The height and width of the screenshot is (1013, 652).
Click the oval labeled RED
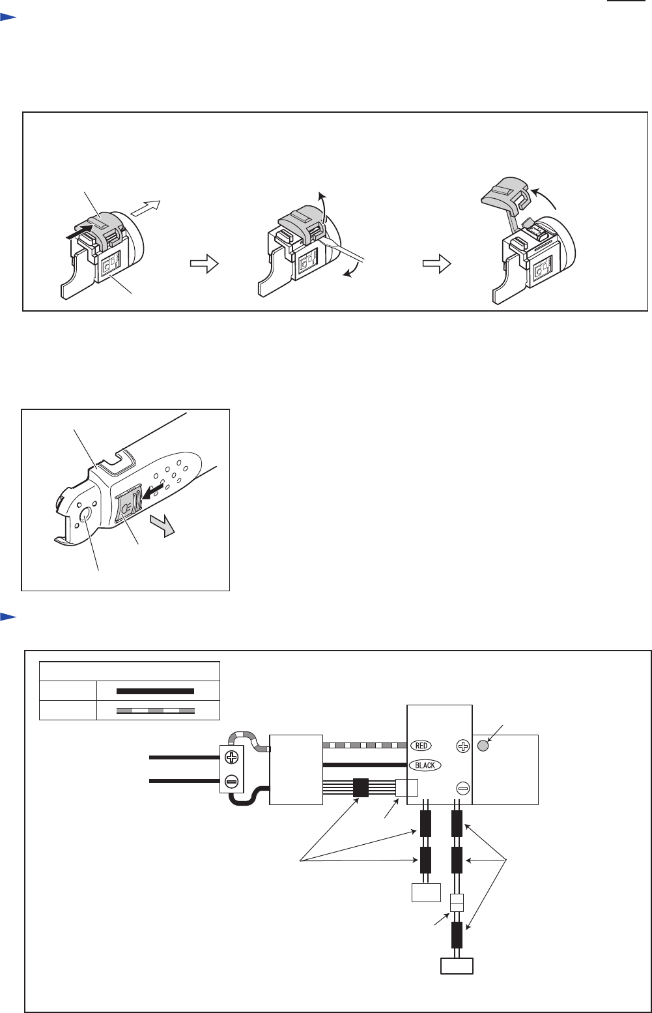point(421,745)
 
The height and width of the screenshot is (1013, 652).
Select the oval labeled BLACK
point(425,765)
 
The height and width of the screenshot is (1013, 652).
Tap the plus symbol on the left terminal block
point(232,757)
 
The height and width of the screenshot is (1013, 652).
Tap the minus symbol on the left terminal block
point(232,781)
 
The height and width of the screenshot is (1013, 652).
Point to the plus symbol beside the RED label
point(463,746)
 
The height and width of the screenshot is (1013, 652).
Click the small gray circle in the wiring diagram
point(483,746)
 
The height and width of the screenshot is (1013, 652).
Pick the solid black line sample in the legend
point(156,691)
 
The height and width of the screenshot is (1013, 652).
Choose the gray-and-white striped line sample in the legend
point(156,711)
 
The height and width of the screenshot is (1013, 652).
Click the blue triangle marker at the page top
point(8,18)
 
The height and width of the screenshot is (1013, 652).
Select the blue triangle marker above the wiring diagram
point(8,617)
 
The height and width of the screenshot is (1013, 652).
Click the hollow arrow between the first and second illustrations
point(205,263)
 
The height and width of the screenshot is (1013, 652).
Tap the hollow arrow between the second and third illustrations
point(437,263)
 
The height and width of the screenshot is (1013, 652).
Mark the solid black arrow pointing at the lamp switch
point(152,492)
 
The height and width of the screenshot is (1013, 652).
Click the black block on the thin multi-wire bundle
point(361,788)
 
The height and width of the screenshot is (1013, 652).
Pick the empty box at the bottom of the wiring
point(457,966)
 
